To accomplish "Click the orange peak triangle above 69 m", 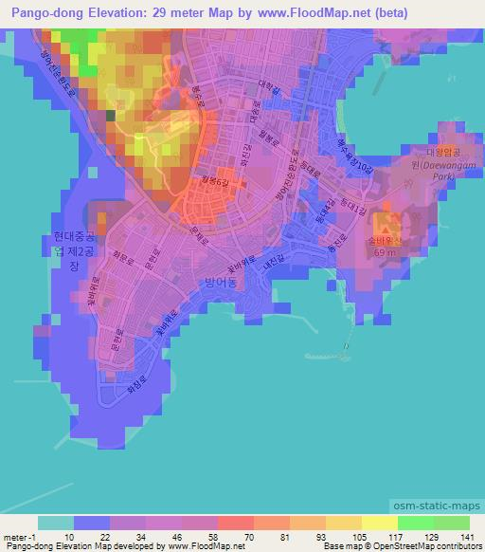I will [x=385, y=223].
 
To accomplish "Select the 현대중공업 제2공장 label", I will [x=73, y=252].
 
